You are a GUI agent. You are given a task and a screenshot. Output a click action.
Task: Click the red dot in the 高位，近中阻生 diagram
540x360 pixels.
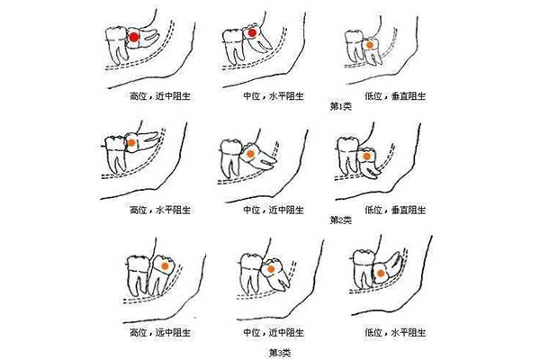[x=133, y=37]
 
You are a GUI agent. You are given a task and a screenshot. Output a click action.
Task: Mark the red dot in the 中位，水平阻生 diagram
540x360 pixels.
[x=253, y=34]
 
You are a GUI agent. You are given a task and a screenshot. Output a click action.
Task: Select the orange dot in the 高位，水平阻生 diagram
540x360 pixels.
[x=132, y=142]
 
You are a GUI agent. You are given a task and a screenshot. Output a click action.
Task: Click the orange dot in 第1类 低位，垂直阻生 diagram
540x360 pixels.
[x=370, y=41]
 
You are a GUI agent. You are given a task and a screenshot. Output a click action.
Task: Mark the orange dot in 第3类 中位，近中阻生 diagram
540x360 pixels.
[x=268, y=268]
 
